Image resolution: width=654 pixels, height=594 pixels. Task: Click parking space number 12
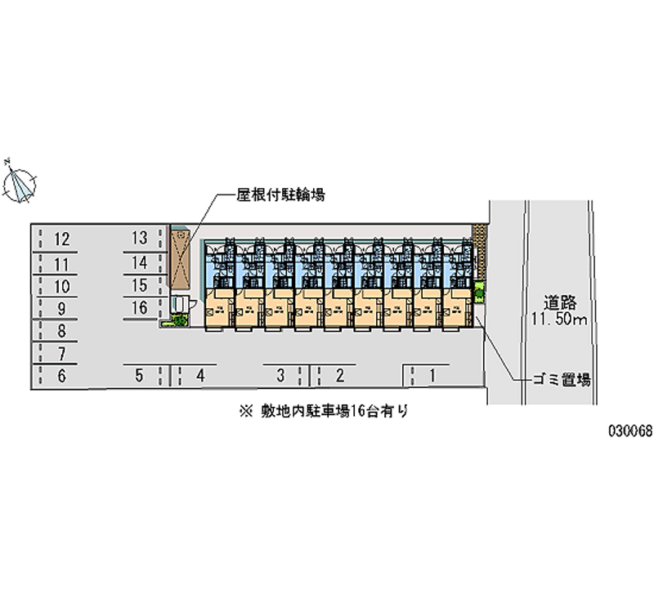61,239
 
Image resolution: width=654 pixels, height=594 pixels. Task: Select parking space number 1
432,375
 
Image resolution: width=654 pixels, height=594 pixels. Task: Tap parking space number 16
140,307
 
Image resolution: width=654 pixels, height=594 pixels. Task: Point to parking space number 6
61,376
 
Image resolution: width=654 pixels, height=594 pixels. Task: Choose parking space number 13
140,238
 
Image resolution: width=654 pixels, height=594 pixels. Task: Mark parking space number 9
61,309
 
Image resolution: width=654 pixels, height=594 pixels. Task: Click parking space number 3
280,376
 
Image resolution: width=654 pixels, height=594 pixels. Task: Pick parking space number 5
140,376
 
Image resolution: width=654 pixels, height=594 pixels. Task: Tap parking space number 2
339,376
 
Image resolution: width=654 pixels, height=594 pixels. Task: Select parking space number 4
199,376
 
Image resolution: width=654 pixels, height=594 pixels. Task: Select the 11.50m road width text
558,319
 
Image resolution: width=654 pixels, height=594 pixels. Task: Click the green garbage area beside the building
480,291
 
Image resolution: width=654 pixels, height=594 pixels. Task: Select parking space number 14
140,262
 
